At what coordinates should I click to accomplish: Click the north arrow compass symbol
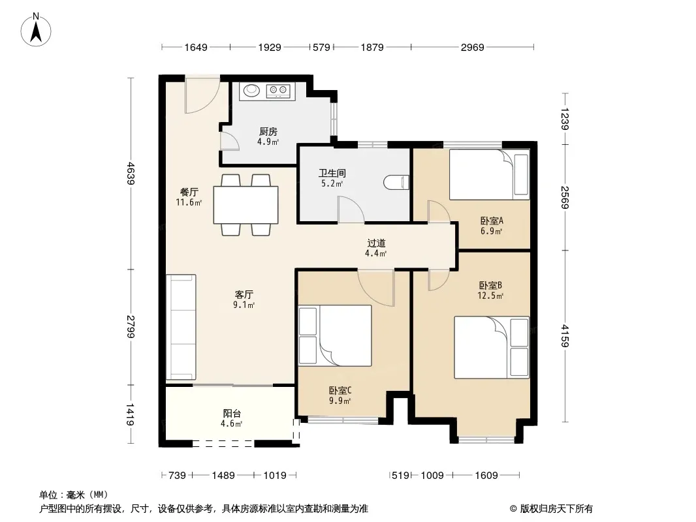(x=36, y=30)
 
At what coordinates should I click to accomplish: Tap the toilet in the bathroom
(x=396, y=183)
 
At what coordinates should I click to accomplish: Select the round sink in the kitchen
(x=251, y=90)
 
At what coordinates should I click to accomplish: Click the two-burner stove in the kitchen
(x=278, y=91)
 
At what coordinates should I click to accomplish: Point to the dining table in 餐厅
(x=246, y=205)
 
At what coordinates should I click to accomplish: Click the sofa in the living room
(x=181, y=328)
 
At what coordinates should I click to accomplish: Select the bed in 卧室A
(x=489, y=175)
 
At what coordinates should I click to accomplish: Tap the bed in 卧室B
(x=492, y=347)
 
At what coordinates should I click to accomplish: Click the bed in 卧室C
(x=335, y=335)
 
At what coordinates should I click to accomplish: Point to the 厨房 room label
(x=268, y=131)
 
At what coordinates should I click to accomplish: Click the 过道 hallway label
(x=376, y=243)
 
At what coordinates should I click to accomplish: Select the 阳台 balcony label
(x=232, y=413)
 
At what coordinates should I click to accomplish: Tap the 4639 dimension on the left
(x=131, y=173)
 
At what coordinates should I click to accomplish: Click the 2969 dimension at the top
(x=472, y=47)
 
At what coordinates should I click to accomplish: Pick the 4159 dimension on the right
(x=565, y=336)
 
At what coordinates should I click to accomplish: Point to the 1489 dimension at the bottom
(x=223, y=476)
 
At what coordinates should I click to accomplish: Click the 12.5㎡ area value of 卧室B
(x=490, y=296)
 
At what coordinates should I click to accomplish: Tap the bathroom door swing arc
(x=351, y=209)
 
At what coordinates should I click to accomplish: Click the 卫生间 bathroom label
(x=332, y=172)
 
